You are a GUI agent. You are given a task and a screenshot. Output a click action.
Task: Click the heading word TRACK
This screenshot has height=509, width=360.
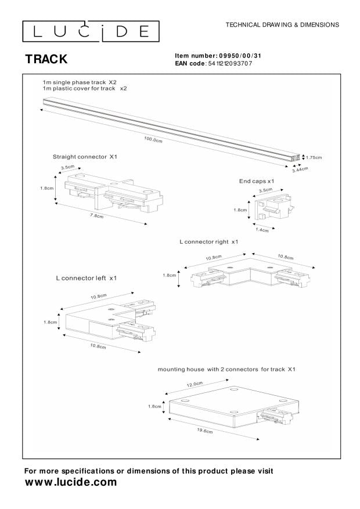(x=46, y=59)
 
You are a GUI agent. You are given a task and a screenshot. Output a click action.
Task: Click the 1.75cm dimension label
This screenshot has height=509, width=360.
(x=314, y=157)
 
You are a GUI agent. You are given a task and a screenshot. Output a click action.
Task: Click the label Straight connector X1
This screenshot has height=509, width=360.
(x=85, y=157)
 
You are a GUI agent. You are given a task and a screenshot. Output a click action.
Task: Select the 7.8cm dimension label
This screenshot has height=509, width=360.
(x=97, y=216)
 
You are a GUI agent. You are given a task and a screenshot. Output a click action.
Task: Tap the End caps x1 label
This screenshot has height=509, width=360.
(x=256, y=182)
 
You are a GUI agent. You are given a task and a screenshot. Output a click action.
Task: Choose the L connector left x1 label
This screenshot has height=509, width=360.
(x=87, y=278)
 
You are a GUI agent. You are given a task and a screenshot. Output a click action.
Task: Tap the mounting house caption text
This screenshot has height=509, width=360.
(x=227, y=369)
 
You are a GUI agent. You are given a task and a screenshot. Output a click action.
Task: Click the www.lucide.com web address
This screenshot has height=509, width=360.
(x=70, y=482)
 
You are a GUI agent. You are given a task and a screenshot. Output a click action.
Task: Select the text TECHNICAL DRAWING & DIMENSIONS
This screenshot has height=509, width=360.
(x=282, y=25)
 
